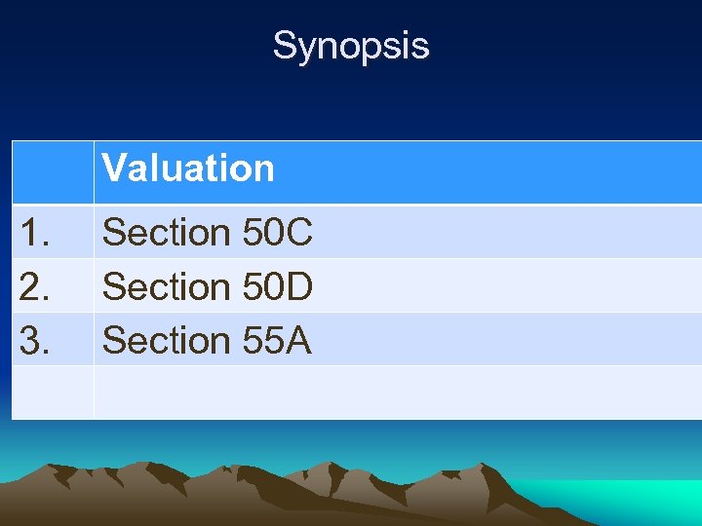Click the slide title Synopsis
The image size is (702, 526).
(x=350, y=46)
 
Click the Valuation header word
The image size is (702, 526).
(x=188, y=169)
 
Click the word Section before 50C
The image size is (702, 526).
(x=165, y=233)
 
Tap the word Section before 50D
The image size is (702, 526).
(x=165, y=286)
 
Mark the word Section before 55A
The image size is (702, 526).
(x=165, y=340)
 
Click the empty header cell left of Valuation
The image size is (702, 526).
(x=53, y=171)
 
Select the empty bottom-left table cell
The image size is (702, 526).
(x=53, y=393)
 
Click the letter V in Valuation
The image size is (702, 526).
(x=114, y=169)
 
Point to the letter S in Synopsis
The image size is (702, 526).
(x=285, y=46)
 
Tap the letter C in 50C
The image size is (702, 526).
(x=298, y=233)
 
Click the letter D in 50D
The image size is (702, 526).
(x=298, y=286)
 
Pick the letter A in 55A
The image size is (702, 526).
(x=298, y=340)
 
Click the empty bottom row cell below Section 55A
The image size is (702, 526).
(x=390, y=393)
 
